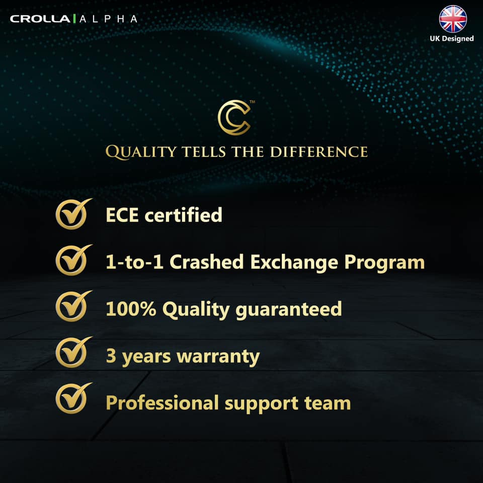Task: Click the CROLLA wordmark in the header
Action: coord(41,19)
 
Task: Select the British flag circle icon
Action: coord(453,19)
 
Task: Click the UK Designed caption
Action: coord(451,38)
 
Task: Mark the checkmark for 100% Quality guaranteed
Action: coord(72,307)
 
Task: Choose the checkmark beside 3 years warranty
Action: coord(72,353)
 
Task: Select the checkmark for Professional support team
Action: coord(72,399)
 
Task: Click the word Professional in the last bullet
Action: coord(163,403)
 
